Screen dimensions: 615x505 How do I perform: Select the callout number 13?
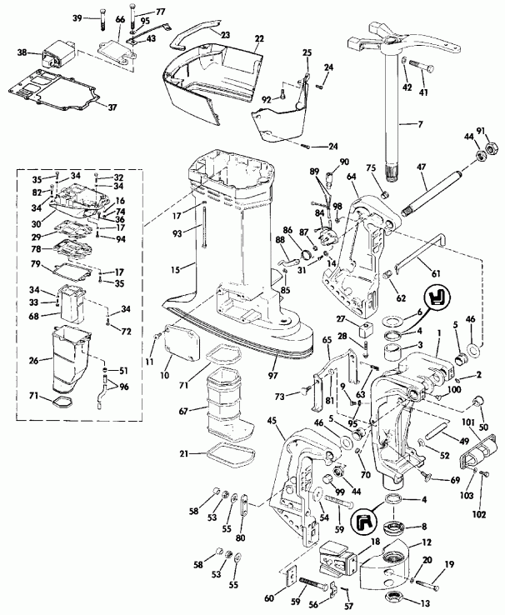pyautogui.click(x=426, y=602)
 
